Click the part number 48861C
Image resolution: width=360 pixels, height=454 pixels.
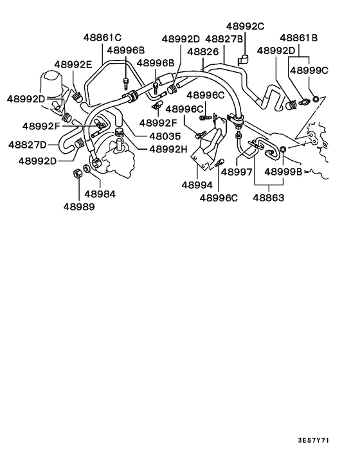coord(104,37)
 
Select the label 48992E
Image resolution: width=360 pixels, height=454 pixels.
coord(73,64)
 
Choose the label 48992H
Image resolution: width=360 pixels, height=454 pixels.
coord(168,149)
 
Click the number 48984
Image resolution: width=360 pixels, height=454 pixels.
coord(100,193)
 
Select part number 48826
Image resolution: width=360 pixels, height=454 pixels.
coord(204,51)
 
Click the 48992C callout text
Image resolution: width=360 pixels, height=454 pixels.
coord(246,26)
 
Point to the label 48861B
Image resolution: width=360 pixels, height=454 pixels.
coord(299,38)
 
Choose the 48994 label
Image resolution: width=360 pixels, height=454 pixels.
coord(197,185)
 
